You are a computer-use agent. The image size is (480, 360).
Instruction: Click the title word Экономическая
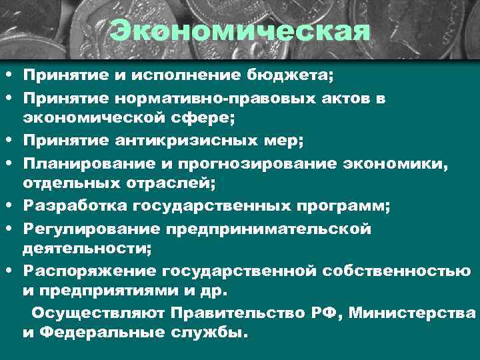240,30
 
